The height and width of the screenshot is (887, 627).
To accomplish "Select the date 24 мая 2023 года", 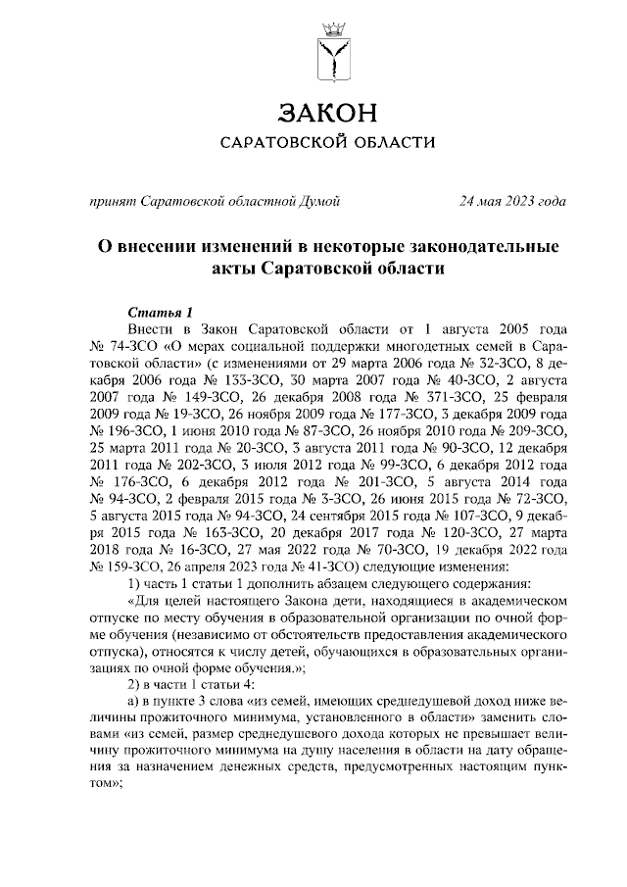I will tap(512, 202).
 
